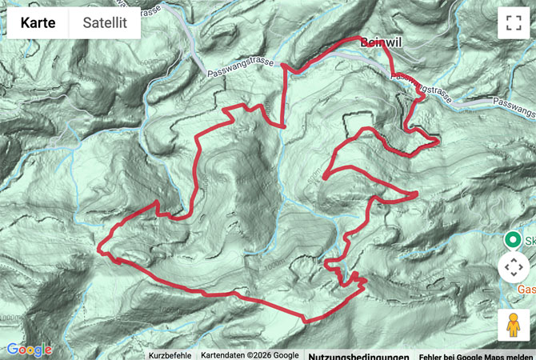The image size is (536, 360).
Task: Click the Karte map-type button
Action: (38, 23)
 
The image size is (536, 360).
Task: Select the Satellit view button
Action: (104, 23)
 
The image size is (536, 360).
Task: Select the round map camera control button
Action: (513, 267)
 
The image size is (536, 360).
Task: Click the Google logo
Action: (29, 350)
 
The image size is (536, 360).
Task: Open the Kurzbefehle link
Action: (170, 355)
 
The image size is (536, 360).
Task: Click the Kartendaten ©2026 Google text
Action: (250, 355)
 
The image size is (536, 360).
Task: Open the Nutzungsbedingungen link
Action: (358, 356)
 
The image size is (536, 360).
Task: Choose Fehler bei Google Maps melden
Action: (476, 356)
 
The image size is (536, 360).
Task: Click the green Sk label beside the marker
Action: (530, 239)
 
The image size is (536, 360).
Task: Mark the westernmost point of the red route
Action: (98, 250)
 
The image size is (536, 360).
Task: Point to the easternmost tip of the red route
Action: (439, 142)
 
